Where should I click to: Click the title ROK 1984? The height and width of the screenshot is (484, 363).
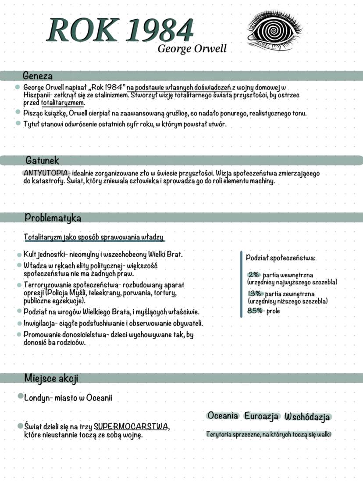120,31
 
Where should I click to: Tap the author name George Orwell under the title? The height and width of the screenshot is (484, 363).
192,48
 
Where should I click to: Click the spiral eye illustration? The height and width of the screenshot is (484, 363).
275,30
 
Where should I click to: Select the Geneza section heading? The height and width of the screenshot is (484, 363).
38,75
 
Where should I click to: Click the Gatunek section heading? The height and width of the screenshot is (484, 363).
42,161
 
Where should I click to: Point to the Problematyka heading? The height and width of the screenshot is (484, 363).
53,217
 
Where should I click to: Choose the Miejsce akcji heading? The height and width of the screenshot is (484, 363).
51,378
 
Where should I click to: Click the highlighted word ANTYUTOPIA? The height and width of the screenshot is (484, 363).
46,172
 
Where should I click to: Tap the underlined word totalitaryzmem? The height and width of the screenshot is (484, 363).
63,103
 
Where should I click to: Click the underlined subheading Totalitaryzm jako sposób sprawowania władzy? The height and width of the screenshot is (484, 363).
94,237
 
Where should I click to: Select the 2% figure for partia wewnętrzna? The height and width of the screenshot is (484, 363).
254,275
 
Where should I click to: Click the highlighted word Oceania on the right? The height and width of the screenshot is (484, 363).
223,416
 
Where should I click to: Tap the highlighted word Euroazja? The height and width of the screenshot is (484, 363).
262,416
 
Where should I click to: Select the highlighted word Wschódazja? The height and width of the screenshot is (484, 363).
307,416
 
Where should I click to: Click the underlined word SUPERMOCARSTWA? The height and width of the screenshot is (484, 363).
131,427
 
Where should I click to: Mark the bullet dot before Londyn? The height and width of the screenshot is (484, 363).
20,396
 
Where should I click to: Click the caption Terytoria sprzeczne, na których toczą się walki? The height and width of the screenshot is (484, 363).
268,434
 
